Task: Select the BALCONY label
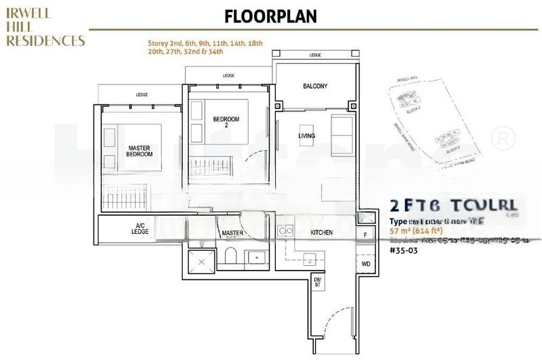[315, 86]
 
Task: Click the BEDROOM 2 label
[226, 123]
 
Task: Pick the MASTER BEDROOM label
[140, 151]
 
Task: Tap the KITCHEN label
[321, 233]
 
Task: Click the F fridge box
[365, 235]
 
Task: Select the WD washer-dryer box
[365, 264]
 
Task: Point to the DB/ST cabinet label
[316, 282]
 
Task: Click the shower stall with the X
[201, 259]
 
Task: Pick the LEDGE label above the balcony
[315, 55]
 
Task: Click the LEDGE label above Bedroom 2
[228, 75]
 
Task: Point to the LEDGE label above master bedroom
[142, 95]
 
